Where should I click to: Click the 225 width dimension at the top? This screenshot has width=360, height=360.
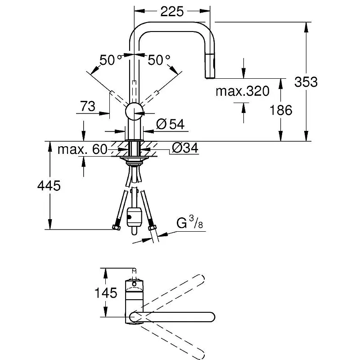coord(172,12)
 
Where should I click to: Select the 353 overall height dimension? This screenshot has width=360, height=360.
coord(306,82)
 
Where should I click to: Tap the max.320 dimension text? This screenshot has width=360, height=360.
coord(243,91)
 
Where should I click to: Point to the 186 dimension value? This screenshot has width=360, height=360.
coord(281,110)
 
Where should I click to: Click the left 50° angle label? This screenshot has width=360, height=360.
coord(110,60)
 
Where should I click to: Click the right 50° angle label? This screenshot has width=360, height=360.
coord(159,60)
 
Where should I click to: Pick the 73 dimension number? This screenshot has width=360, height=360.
coord(87,106)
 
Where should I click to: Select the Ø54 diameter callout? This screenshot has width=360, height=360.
coord(170,124)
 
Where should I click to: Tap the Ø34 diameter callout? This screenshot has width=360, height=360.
coord(185,148)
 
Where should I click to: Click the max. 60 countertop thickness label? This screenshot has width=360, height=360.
coord(82,149)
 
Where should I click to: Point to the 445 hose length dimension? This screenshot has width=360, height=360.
coord(49,185)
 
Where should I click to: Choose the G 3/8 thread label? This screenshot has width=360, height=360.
coord(189,222)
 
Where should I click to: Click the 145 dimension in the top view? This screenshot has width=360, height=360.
coord(106,293)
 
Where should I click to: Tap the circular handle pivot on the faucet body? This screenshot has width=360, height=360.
coord(134,111)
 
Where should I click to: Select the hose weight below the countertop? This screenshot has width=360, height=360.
coord(134,217)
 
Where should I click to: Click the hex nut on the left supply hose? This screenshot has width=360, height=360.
coord(117,228)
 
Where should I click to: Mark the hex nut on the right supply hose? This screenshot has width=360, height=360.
coord(152,228)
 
